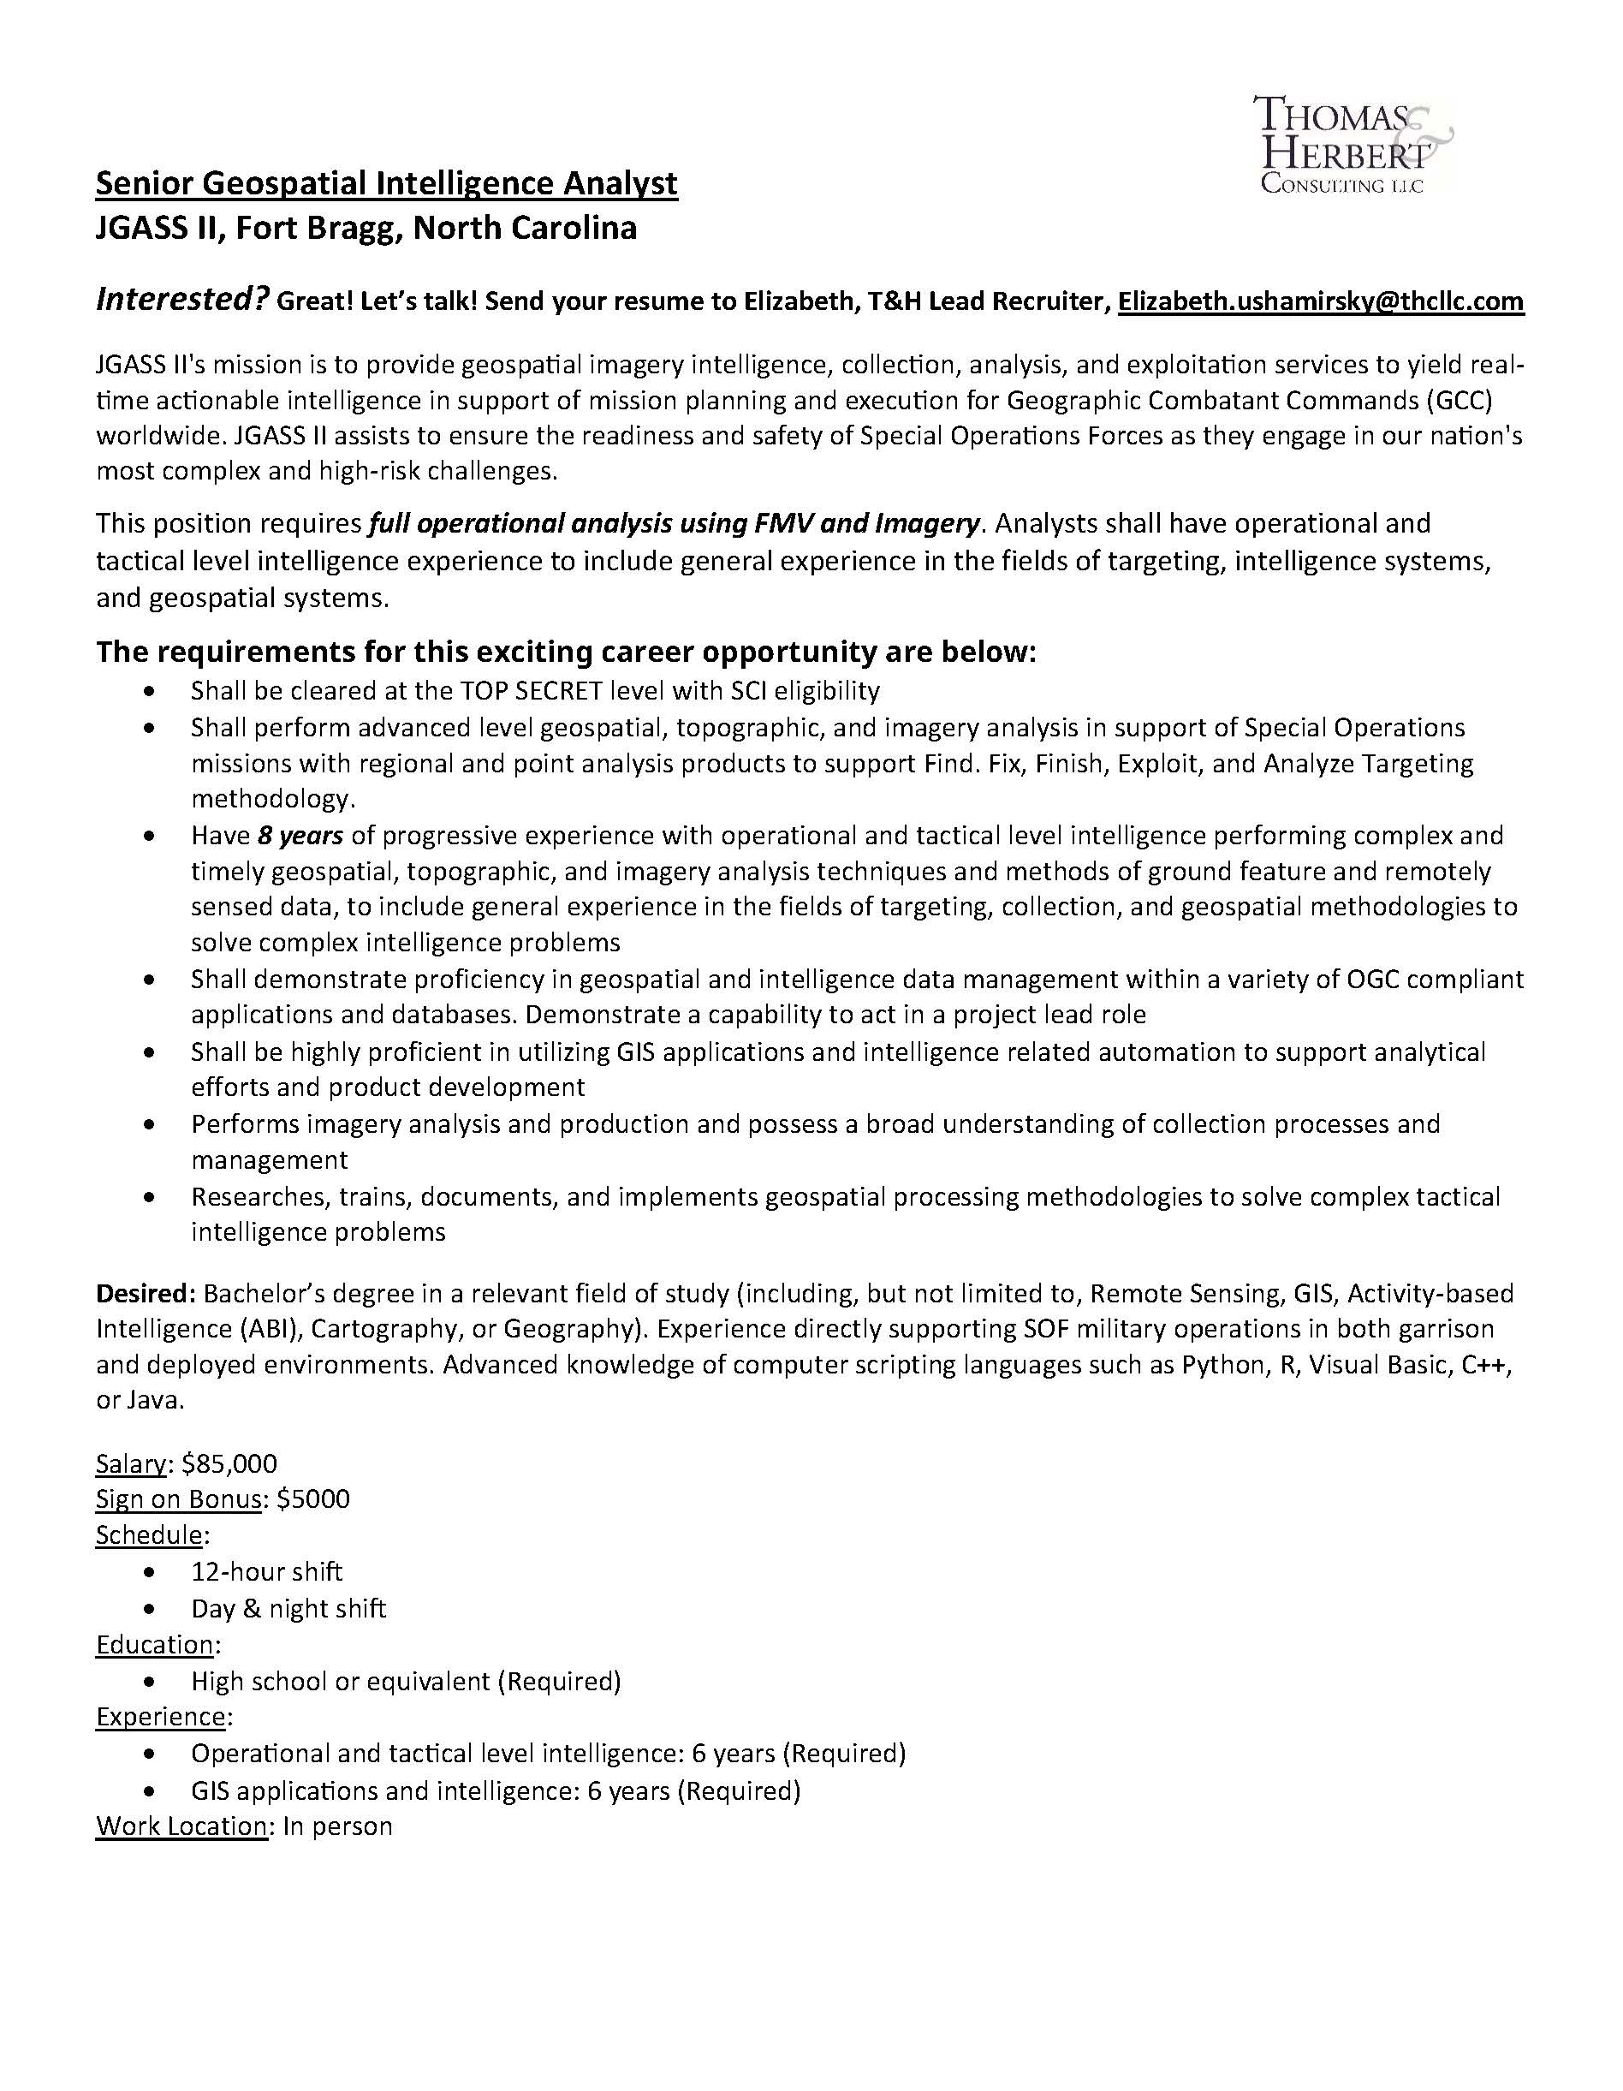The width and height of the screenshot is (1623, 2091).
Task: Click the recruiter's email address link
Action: pos(1321,301)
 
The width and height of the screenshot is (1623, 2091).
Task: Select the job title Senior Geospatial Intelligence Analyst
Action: pos(387,183)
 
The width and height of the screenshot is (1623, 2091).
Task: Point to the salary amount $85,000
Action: pos(229,1464)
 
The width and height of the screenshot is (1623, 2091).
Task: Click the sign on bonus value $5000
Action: pos(313,1499)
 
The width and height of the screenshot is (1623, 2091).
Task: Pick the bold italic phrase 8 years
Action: pos(300,836)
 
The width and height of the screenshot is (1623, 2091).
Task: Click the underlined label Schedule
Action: pos(149,1535)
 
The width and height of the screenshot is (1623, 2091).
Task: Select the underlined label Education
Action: pos(155,1645)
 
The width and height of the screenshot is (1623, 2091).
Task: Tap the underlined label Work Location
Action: pos(181,1826)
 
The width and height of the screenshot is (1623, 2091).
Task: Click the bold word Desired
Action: pos(143,1295)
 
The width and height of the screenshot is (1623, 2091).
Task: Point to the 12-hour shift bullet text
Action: pos(266,1572)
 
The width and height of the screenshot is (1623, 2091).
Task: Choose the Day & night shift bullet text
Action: pos(288,1608)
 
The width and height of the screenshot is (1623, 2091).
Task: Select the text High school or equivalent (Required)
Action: pos(406,1681)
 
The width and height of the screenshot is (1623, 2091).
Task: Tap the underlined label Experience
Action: pos(160,1717)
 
